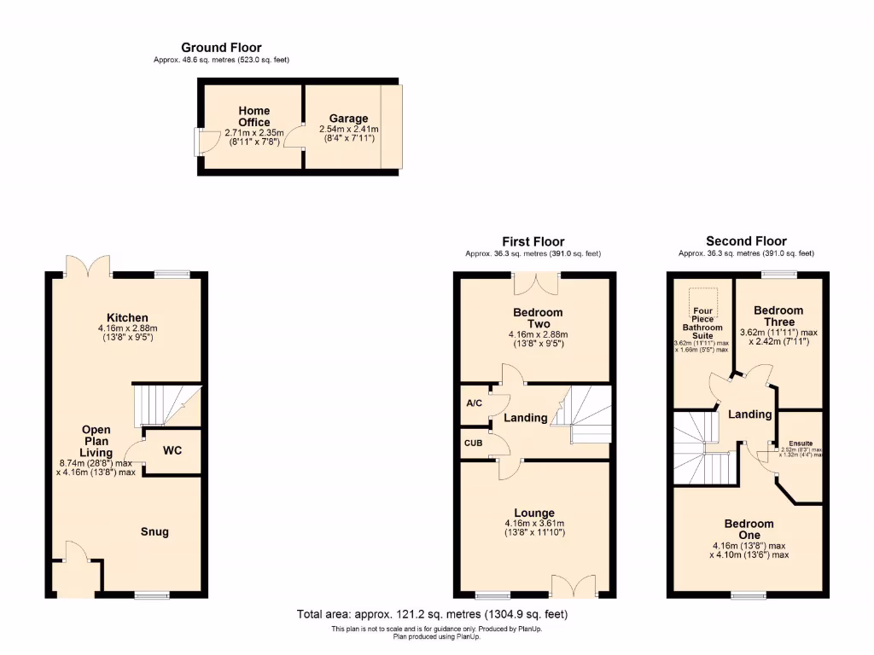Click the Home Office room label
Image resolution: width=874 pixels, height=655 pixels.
click(253, 117)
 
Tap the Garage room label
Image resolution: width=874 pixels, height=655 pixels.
click(348, 119)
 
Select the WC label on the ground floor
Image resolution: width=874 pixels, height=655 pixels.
click(172, 450)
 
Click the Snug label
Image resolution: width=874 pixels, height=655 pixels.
click(154, 531)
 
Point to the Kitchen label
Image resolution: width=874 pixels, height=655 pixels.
click(127, 317)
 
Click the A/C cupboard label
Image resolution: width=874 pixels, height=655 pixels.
click(472, 403)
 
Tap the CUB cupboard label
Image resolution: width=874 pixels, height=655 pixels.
click(473, 443)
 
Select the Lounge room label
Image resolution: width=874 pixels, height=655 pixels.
click(534, 513)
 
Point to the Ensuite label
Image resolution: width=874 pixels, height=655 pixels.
click(801, 443)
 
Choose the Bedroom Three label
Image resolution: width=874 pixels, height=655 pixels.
click(778, 316)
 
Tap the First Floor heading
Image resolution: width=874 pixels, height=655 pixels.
click(533, 241)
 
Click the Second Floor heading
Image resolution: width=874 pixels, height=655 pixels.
click(746, 241)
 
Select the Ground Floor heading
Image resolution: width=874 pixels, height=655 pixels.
click(221, 48)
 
